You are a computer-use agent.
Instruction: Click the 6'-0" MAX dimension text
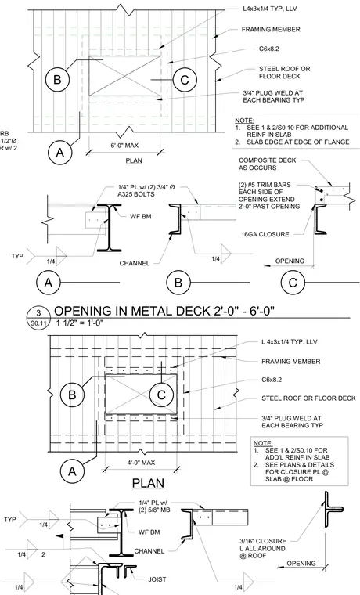(x=124, y=146)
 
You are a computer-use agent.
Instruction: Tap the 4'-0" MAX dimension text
(x=141, y=463)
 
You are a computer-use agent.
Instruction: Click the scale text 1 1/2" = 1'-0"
(x=80, y=323)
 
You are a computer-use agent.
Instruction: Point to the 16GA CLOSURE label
(x=265, y=234)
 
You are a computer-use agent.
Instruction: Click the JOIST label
(x=157, y=579)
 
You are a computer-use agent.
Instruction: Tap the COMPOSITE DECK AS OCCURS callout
(x=268, y=164)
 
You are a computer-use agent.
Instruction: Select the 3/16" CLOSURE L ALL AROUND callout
(x=263, y=548)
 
